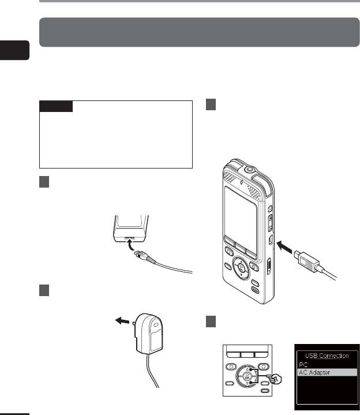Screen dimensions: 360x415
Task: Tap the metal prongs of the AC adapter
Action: point(134,321)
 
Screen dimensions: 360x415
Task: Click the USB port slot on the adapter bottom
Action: point(127,237)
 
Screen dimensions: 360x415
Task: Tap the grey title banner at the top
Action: point(198,32)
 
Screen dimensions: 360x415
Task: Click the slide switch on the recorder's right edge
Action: point(269,267)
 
